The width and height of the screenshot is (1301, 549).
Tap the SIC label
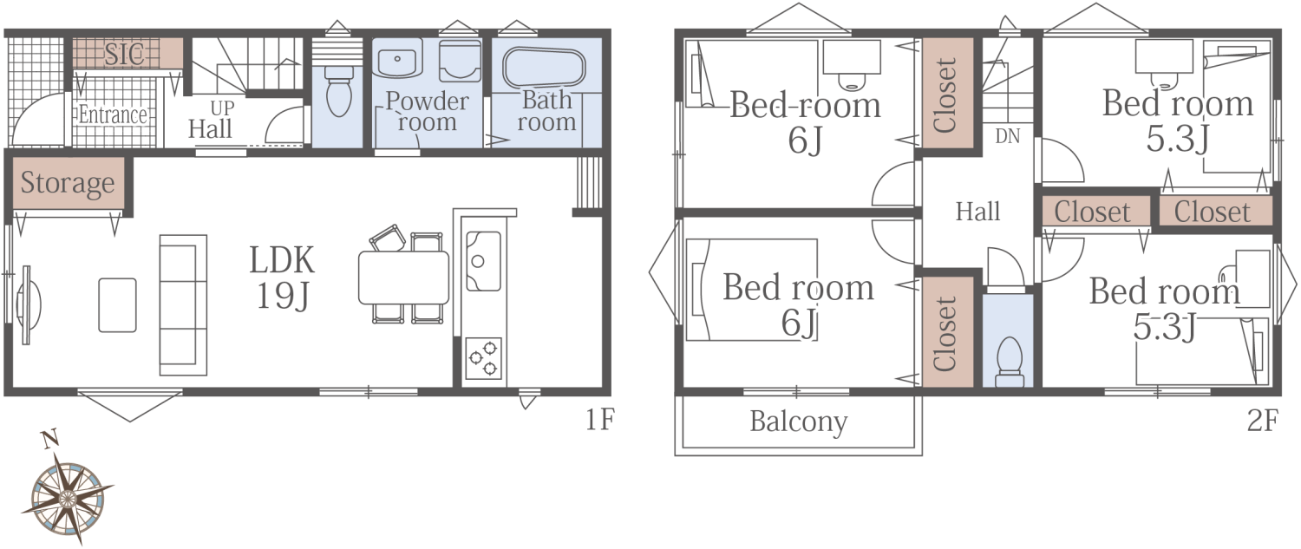click(124, 54)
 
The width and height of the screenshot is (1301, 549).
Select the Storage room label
click(68, 184)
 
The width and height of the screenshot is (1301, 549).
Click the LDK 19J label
click(282, 278)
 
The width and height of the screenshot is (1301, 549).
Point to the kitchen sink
click(482, 261)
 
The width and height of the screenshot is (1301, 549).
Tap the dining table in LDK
click(403, 278)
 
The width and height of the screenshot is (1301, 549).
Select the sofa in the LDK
click(183, 305)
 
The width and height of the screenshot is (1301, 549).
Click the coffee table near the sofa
click(117, 305)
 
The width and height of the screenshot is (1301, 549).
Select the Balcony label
click(799, 422)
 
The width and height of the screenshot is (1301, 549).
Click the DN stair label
click(1007, 136)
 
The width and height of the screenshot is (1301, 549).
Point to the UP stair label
click(222, 108)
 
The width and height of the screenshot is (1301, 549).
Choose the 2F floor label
click(1262, 421)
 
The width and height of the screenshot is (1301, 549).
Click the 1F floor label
click(598, 420)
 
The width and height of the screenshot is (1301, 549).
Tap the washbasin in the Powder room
click(397, 59)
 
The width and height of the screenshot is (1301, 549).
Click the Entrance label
click(113, 114)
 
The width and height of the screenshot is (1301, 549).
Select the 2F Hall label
click(978, 212)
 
